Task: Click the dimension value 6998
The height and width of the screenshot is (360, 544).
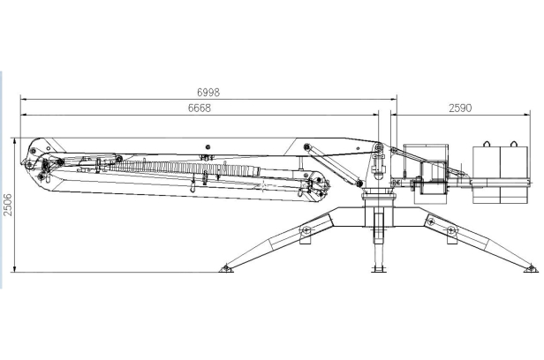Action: point(208,93)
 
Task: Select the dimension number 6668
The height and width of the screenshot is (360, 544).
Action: point(200,109)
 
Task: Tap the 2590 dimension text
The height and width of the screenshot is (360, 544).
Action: point(460,109)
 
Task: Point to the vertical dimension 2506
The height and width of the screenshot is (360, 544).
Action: point(7,205)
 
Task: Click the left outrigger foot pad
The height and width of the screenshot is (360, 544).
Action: point(226,268)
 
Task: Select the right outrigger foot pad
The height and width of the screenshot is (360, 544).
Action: point(531,268)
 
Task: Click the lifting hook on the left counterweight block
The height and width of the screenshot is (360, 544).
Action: point(487,144)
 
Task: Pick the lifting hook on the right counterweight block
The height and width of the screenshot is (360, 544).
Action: point(513,144)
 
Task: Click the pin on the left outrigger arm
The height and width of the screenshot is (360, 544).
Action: point(306,229)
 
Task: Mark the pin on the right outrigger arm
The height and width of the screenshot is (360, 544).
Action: point(450,229)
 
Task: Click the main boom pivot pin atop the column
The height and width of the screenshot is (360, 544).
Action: point(378,148)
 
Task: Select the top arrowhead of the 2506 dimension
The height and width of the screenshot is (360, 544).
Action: point(14,140)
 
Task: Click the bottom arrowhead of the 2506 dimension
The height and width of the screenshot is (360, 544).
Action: point(14,269)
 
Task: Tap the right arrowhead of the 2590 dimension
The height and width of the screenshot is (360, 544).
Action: point(527,115)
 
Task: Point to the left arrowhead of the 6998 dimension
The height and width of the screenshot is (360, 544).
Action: point(24,99)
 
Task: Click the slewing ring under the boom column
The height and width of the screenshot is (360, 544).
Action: point(379,197)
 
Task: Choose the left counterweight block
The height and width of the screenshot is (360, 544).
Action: point(487,175)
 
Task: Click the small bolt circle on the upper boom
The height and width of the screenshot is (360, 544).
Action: point(208,146)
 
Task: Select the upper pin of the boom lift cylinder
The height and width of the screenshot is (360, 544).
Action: point(306,146)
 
